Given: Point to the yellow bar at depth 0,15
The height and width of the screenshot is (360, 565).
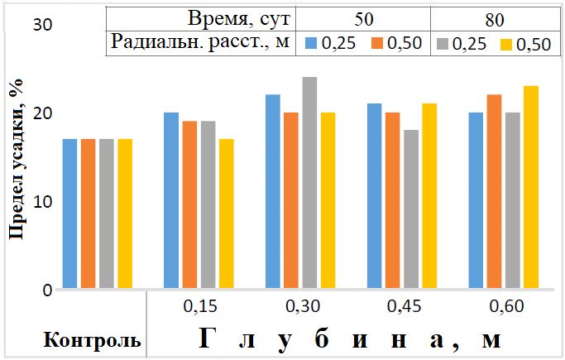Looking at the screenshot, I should (226, 214).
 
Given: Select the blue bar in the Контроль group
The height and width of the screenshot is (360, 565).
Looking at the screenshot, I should (69, 214).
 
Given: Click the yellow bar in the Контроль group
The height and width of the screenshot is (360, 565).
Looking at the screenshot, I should (124, 214).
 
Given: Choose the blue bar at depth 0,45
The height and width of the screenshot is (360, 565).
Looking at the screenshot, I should (374, 197).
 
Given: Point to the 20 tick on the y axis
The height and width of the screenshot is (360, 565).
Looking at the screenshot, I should (41, 113).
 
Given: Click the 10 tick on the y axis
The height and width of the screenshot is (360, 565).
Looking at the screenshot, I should (41, 202).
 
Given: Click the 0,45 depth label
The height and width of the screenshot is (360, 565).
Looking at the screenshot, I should (404, 306).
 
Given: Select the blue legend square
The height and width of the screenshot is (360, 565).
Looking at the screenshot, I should (310, 44).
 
